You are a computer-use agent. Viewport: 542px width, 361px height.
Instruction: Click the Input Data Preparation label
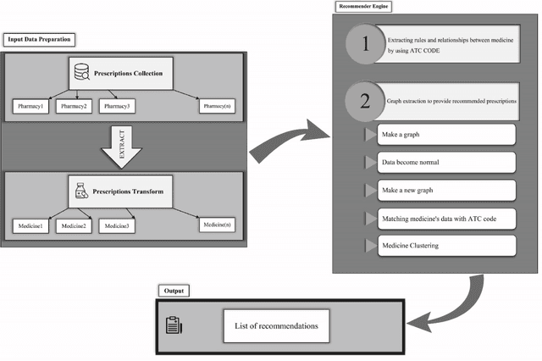(40, 39)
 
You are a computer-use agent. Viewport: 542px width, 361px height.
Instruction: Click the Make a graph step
(443, 135)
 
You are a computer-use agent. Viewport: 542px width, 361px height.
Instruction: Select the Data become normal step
(443, 162)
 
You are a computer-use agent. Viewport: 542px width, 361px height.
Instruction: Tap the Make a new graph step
(443, 190)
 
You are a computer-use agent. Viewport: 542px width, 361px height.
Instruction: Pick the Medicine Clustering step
(443, 246)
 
